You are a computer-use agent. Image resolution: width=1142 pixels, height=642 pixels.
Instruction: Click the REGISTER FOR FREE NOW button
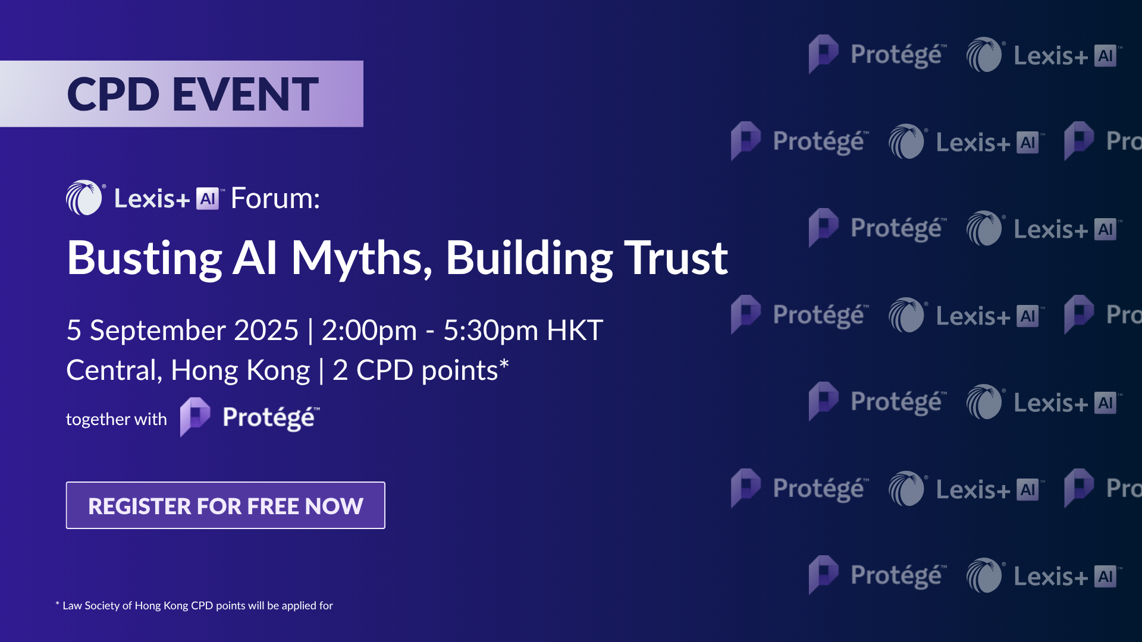225,505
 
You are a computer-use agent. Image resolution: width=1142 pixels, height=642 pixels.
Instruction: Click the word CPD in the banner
113,94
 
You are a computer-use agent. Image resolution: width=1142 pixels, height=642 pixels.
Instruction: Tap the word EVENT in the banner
246,94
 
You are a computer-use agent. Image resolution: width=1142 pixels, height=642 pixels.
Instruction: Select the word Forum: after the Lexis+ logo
275,198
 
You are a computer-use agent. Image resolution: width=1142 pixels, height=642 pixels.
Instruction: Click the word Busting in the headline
145,259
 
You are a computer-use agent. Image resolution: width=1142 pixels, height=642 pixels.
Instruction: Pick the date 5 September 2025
183,330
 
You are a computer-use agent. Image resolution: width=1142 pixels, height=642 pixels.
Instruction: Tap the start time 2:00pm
369,331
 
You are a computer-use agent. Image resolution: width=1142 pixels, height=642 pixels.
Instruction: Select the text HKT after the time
575,330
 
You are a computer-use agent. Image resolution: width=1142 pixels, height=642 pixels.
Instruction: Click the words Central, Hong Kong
188,370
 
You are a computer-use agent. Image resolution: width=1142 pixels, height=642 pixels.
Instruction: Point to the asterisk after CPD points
504,363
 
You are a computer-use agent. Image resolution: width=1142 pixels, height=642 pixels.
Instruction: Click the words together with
117,419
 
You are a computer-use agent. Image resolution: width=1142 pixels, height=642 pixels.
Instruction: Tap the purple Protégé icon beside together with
195,417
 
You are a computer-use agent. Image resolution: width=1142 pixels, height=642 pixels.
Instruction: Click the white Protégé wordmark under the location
271,418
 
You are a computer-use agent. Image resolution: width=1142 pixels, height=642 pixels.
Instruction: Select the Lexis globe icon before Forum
84,197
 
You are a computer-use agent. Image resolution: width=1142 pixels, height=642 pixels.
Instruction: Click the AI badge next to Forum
208,199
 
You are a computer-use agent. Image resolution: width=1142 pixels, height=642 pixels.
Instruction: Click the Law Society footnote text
194,605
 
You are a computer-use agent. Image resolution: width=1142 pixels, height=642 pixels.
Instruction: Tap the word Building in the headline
529,259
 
